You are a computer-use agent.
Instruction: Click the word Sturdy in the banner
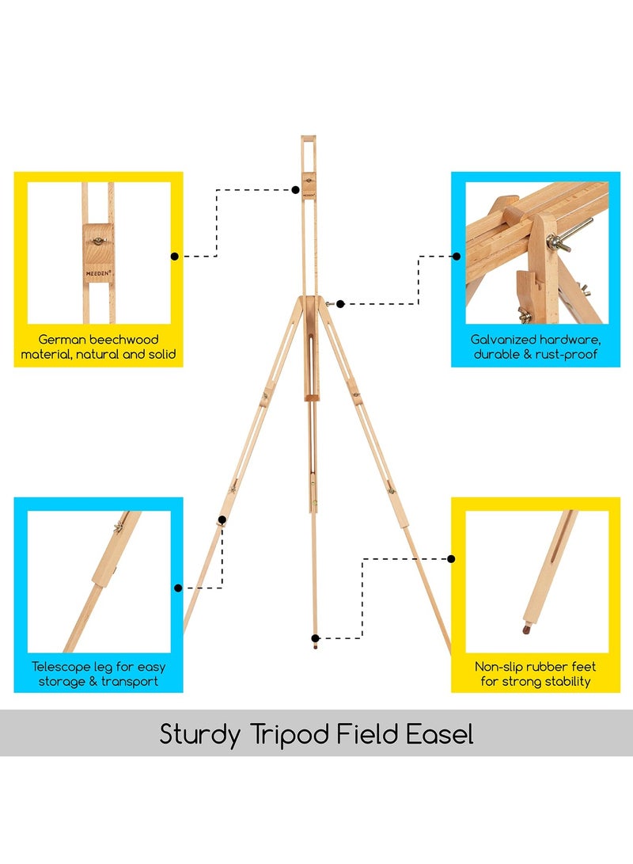pos(200,734)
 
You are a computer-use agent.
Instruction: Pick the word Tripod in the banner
pos(290,734)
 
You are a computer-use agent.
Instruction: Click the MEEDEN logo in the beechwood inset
pos(99,272)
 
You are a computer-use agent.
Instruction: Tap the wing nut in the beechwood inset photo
pos(99,241)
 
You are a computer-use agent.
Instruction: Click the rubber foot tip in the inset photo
pos(527,628)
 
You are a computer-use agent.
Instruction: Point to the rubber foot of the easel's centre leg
pos(315,644)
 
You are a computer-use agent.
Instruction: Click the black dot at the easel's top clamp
pos(296,190)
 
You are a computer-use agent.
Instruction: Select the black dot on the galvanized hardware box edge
pos(457,257)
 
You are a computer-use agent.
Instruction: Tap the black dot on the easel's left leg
pos(222,520)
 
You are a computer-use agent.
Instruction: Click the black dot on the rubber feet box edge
pos(451,559)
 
